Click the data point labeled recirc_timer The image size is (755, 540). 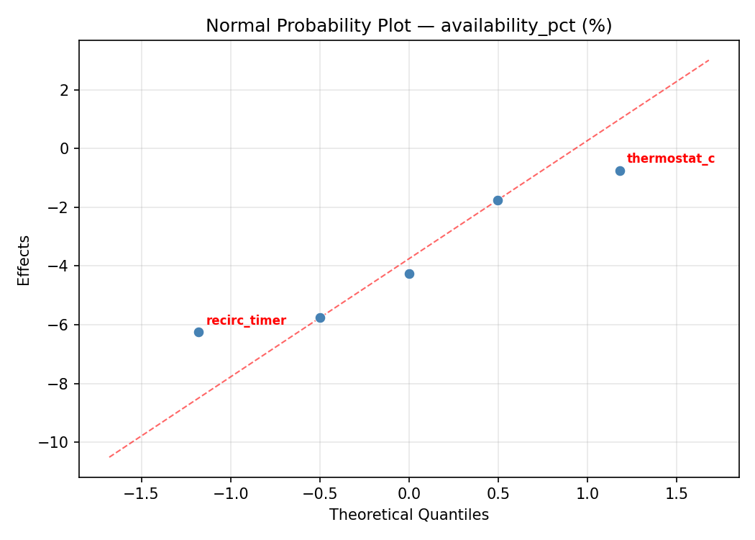coord(198,332)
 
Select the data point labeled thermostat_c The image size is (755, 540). coord(620,171)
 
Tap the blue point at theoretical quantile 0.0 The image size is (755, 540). coord(409,274)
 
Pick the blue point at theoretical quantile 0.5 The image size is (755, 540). coord(498,200)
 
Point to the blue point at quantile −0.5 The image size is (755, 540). coord(320,318)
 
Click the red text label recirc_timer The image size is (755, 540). coord(246,321)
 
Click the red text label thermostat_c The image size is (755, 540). coord(670,159)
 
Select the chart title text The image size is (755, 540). coord(408,26)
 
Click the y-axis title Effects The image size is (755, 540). coord(24,260)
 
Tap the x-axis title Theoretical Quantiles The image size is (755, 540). coord(408,515)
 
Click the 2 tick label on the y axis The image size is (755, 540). coord(65,90)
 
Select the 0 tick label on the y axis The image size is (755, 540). coord(65,148)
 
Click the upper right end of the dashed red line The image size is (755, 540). coord(709,60)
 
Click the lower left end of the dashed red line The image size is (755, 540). coord(109,456)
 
